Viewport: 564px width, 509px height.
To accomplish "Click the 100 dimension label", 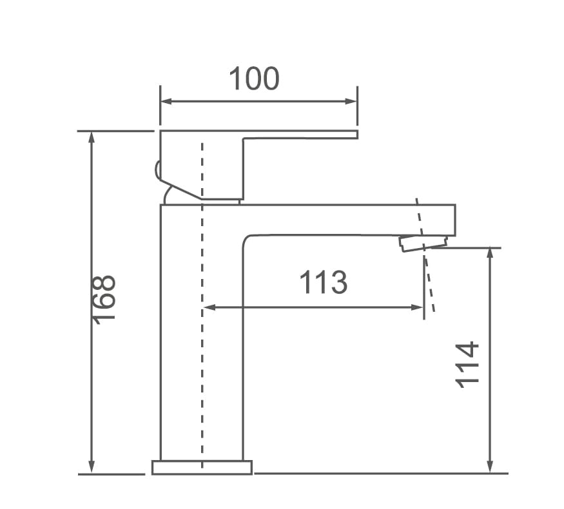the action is (x=254, y=79).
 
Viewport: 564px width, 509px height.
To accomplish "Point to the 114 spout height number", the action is (x=467, y=365).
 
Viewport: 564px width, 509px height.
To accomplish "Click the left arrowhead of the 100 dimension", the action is (x=166, y=101).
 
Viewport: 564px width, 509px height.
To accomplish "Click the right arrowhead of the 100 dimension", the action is (x=351, y=101).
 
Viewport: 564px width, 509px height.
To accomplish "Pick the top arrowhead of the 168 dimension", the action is (x=92, y=137).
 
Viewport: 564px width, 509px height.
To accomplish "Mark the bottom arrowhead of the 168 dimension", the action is (x=92, y=466).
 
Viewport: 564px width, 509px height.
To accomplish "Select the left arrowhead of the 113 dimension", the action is (x=209, y=307).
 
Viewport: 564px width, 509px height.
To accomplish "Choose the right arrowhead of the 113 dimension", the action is (x=417, y=307).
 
